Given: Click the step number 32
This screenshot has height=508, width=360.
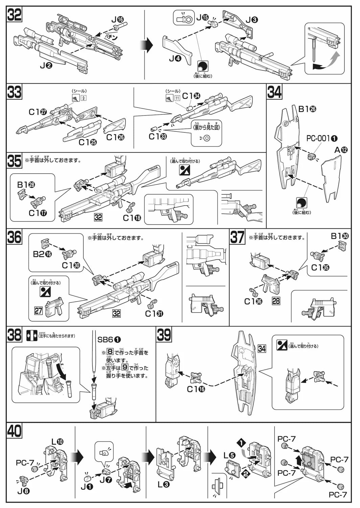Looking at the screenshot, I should tap(15, 16).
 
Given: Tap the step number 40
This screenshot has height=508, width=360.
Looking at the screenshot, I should tap(15, 431).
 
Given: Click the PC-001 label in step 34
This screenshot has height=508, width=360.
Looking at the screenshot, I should tap(322, 138).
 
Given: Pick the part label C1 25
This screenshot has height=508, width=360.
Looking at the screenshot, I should tap(87, 142).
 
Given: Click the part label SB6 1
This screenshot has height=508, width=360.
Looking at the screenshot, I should tap(109, 339).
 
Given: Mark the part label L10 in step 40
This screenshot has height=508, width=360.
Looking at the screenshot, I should tap(57, 441).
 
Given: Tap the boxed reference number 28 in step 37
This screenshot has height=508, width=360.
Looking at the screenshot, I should tap(276, 300).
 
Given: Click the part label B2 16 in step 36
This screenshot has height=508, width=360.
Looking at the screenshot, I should tap(43, 254).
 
